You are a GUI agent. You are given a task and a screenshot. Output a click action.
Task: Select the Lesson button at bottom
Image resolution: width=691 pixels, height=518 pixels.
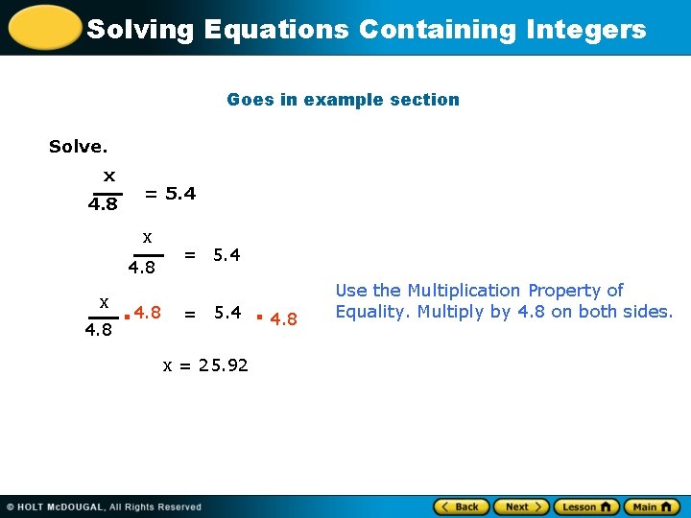click(x=587, y=506)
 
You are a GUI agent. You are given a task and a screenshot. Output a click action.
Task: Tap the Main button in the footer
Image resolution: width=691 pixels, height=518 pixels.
click(x=651, y=506)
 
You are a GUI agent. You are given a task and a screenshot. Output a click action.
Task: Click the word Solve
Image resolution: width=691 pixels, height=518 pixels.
click(x=78, y=147)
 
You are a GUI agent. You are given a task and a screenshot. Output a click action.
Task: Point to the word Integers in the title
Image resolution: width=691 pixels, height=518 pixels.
click(x=586, y=30)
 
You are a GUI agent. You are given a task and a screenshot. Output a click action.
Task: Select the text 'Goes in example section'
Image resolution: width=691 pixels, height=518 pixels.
click(x=343, y=100)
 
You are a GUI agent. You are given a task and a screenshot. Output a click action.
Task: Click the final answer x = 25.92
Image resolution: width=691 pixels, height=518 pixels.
click(x=205, y=365)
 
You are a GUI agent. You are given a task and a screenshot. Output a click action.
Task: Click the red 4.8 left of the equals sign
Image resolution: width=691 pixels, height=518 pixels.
click(x=147, y=313)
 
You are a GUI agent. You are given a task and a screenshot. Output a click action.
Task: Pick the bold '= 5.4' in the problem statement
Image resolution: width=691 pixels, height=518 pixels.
click(x=170, y=194)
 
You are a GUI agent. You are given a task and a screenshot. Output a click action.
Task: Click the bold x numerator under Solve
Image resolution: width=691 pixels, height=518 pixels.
click(x=109, y=177)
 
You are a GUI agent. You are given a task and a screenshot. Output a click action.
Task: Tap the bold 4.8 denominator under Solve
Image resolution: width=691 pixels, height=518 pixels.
click(x=103, y=204)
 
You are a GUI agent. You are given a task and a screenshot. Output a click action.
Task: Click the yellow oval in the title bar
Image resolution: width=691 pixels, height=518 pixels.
click(x=42, y=27)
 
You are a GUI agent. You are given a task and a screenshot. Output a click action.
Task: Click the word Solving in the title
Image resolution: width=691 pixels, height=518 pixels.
click(x=140, y=30)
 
